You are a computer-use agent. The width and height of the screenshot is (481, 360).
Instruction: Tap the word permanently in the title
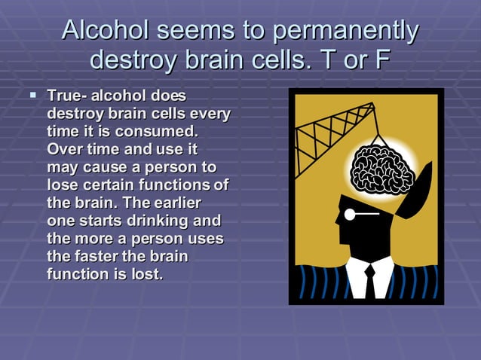346,31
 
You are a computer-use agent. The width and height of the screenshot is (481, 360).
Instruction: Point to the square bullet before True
32,96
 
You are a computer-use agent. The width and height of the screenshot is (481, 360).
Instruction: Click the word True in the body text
65,96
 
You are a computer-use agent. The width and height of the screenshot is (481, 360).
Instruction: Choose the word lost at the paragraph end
148,275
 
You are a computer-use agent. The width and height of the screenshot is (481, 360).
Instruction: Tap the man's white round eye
349,215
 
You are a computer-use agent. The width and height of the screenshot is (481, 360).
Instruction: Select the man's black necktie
369,282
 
